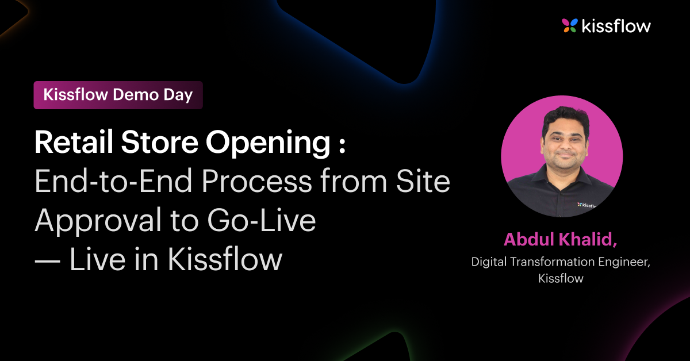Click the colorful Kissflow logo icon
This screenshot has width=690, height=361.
(570, 25)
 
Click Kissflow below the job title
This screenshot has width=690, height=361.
(561, 279)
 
